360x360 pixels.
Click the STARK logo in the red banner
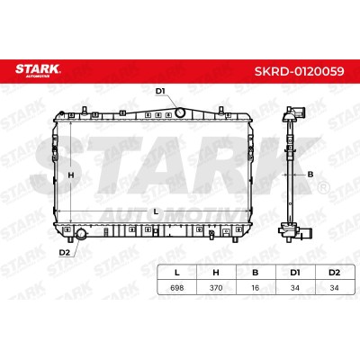(38, 71)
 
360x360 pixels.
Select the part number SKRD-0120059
(300, 71)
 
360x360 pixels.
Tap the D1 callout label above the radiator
(160, 91)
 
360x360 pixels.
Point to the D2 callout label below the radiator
(65, 253)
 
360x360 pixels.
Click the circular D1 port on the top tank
(180, 112)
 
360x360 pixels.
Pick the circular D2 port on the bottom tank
(81, 234)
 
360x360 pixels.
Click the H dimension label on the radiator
(71, 175)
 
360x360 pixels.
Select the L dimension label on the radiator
(156, 211)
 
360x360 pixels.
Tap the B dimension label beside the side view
(310, 175)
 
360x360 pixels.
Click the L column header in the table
(177, 273)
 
